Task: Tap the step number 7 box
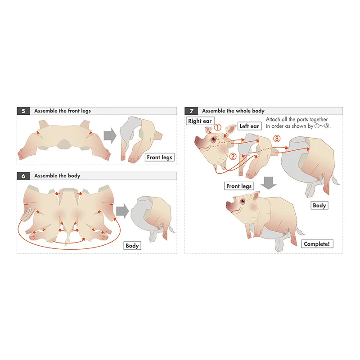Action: [x=191, y=111]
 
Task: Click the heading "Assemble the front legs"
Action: [x=63, y=111]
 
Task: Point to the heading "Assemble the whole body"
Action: [x=233, y=111]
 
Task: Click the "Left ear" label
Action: [x=249, y=126]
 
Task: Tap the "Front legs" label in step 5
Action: [x=159, y=157]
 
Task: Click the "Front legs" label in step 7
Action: [x=239, y=186]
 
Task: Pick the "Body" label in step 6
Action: [x=132, y=246]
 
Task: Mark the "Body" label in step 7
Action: [x=319, y=205]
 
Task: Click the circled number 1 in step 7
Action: [x=218, y=127]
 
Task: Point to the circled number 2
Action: [x=233, y=157]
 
